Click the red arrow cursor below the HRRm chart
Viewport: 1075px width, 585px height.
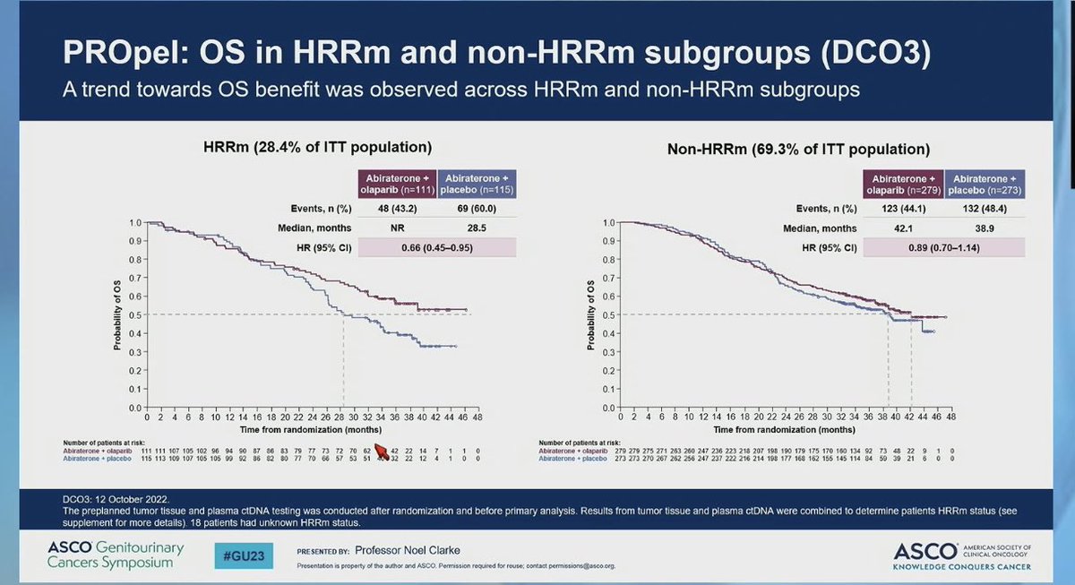point(382,452)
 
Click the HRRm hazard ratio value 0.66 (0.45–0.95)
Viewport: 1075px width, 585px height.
point(437,246)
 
